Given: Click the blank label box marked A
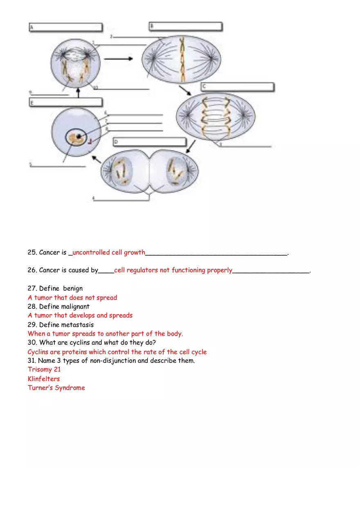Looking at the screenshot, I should pos(65,27).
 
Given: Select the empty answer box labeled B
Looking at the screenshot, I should pos(185,27).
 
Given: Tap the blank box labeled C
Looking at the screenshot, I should pos(237,87).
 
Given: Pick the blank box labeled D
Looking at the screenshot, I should pos(149,142).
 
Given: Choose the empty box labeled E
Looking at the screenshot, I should pos(65,102).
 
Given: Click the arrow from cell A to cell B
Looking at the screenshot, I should pos(118,59).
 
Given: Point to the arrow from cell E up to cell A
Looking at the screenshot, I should pos(78,93).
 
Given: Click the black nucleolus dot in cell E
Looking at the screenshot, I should pos(78,135).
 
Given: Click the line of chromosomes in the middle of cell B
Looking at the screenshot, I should pos(183,60).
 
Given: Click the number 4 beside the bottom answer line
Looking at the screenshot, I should pos(93,198).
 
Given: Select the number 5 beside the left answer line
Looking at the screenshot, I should pos(30,165).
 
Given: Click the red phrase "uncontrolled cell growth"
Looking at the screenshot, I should pos(109,252).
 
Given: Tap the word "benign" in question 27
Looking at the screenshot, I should pos(73,288).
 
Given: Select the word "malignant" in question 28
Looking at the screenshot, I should pos(75,306).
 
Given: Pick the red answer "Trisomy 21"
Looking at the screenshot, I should pos(44,369).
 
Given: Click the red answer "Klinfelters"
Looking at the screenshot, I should pos(44,379).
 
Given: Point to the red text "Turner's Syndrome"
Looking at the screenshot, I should pos(56,388).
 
